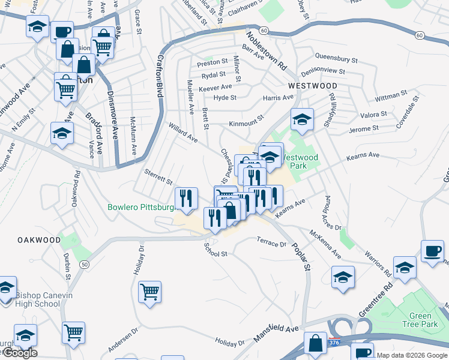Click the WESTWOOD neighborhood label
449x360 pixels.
[x=312, y=86]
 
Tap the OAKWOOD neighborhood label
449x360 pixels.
[x=39, y=240]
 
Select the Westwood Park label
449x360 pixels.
[x=304, y=162]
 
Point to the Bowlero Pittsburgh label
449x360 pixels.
[x=140, y=208]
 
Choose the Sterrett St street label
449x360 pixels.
[x=158, y=176]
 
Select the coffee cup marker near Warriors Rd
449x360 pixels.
[x=432, y=251]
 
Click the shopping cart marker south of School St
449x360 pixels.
[x=149, y=292]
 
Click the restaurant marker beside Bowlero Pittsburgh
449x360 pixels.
[x=186, y=198]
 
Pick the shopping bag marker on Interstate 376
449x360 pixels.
[x=315, y=343]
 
